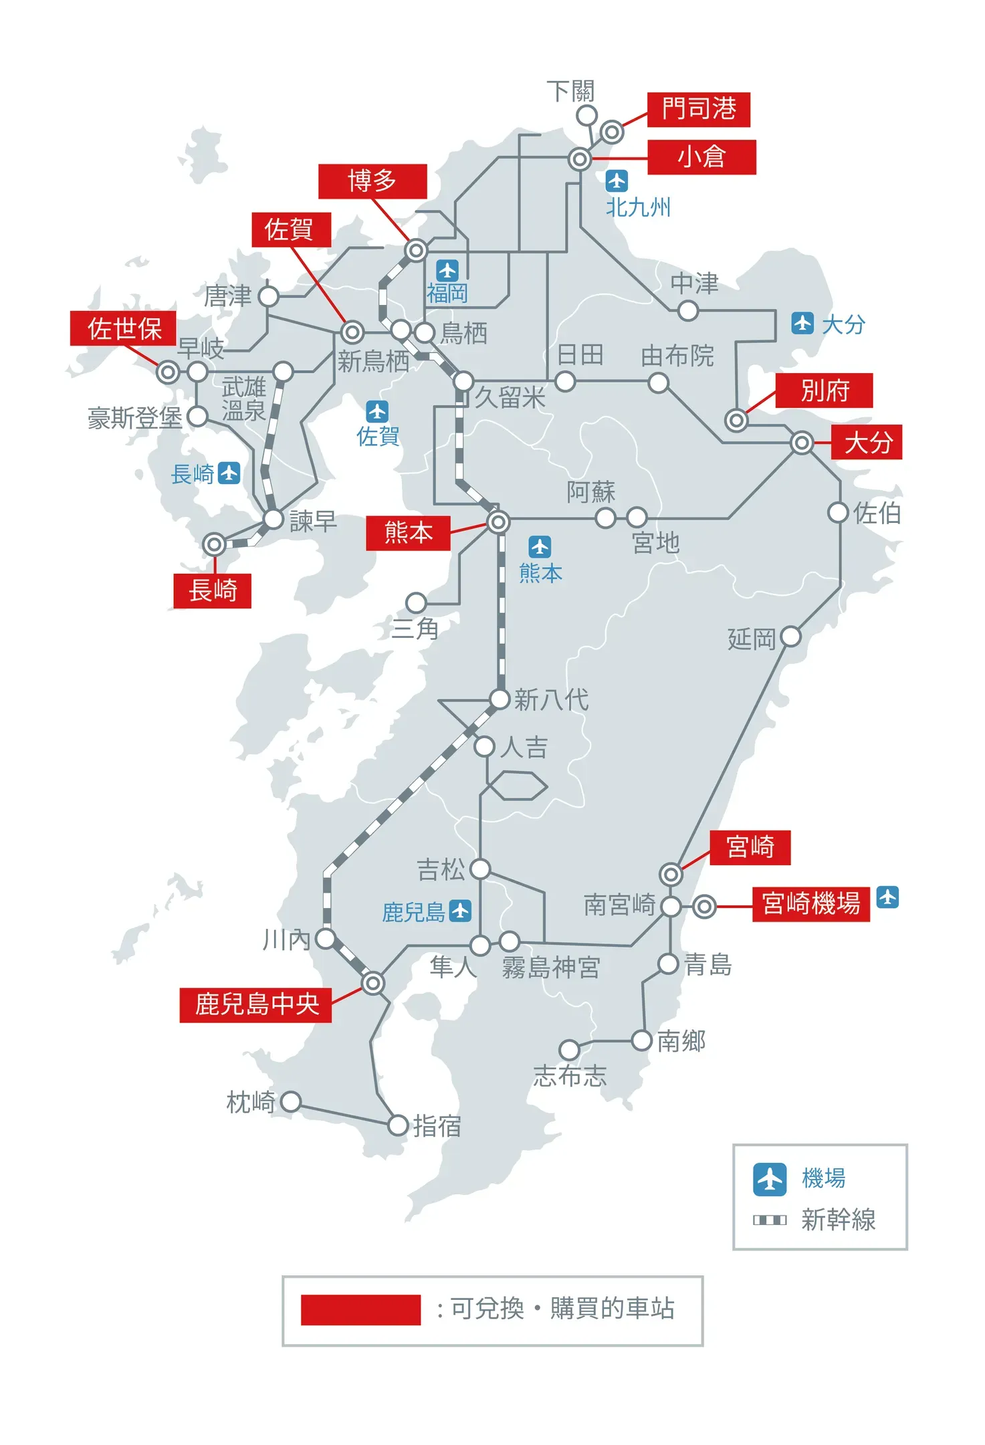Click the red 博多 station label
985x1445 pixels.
pos(372,181)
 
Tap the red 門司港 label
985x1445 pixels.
pos(698,109)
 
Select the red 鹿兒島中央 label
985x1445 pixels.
pos(255,1004)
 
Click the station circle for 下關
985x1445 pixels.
pos(586,115)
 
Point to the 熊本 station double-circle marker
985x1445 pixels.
pos(498,522)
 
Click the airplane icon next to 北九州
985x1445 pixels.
pos(616,181)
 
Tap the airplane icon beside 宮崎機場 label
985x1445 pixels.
pos(887,897)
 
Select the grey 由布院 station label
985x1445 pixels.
pos(677,356)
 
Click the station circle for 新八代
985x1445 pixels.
pos(500,699)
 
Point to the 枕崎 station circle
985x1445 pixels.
pos(291,1101)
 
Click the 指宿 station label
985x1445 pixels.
pos(437,1126)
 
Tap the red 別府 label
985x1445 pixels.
pos(824,391)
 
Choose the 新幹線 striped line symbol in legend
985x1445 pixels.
pos(770,1220)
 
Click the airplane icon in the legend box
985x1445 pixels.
pos(770,1179)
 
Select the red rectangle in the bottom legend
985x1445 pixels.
pos(360,1309)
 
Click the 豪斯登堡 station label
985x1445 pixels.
pos(135,419)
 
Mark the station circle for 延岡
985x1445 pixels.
pos(790,636)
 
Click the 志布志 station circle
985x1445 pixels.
pos(569,1050)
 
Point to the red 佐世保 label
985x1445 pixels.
pos(124,328)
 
